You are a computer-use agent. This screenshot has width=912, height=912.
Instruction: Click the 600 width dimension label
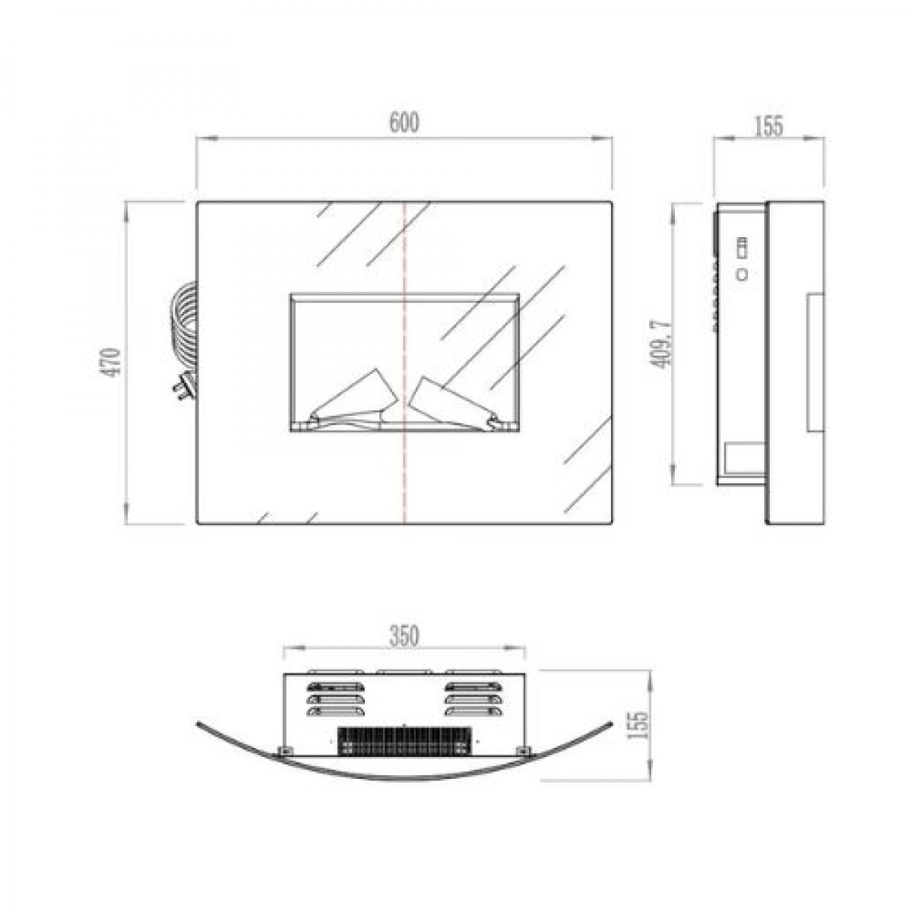pyautogui.click(x=404, y=123)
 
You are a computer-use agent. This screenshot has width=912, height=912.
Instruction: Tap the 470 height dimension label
pyautogui.click(x=113, y=363)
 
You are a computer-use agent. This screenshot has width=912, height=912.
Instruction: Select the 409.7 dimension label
pyautogui.click(x=662, y=344)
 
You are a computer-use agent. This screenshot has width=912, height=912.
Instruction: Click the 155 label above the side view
pyautogui.click(x=768, y=126)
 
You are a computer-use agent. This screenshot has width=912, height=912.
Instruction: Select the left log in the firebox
pyautogui.click(x=351, y=401)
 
